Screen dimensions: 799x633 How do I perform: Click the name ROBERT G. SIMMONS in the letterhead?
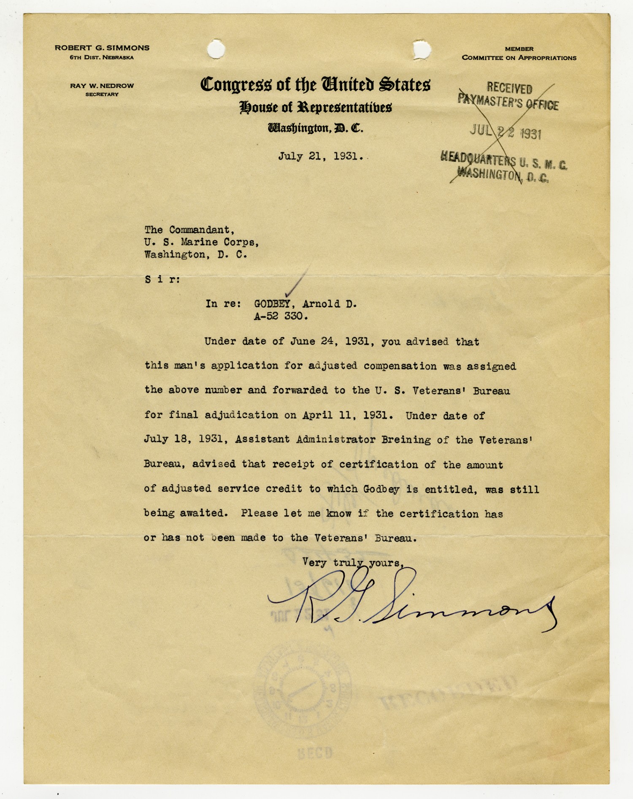pyautogui.click(x=102, y=48)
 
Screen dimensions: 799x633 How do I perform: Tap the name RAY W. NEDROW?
pyautogui.click(x=102, y=86)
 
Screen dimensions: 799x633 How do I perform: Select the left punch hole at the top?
pyautogui.click(x=216, y=49)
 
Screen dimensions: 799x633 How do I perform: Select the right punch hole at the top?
pyautogui.click(x=422, y=49)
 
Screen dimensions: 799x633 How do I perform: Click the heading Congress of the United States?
pyautogui.click(x=315, y=84)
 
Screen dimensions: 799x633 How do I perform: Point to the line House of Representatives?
pyautogui.click(x=315, y=107)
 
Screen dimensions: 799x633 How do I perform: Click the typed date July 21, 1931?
pyautogui.click(x=320, y=156)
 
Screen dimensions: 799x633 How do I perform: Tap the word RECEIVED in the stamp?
pyautogui.click(x=509, y=88)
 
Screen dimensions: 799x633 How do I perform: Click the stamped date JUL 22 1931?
pyautogui.click(x=506, y=132)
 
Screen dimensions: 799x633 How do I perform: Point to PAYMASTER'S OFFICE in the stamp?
pyautogui.click(x=508, y=102)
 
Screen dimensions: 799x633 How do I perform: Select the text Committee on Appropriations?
pyautogui.click(x=519, y=58)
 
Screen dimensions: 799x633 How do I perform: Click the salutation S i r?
pyautogui.click(x=162, y=279)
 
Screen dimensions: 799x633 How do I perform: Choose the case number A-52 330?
pyautogui.click(x=281, y=316)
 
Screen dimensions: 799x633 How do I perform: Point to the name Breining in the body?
pyautogui.click(x=406, y=440)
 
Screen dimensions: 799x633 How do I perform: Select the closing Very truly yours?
pyautogui.click(x=353, y=563)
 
